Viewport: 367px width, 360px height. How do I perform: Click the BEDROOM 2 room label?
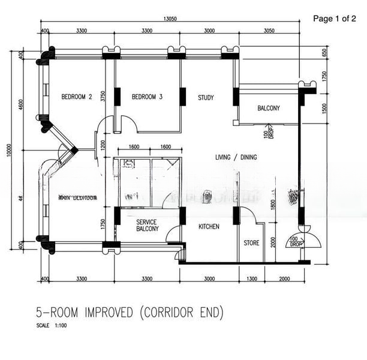77,97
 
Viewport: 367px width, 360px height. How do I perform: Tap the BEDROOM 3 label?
147,97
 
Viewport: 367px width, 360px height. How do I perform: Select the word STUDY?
206,97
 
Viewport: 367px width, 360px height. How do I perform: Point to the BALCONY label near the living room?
268,109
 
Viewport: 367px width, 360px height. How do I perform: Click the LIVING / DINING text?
236,157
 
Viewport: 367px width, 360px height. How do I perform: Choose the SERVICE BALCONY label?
147,225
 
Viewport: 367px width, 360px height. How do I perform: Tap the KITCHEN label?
209,227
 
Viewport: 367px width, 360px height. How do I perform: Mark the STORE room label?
251,243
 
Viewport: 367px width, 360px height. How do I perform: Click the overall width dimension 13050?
172,19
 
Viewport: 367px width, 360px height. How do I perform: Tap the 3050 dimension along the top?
269,30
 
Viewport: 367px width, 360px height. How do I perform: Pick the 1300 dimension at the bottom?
251,278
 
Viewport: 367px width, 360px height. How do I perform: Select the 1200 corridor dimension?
103,144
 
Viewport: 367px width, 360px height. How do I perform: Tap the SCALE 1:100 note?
51,326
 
